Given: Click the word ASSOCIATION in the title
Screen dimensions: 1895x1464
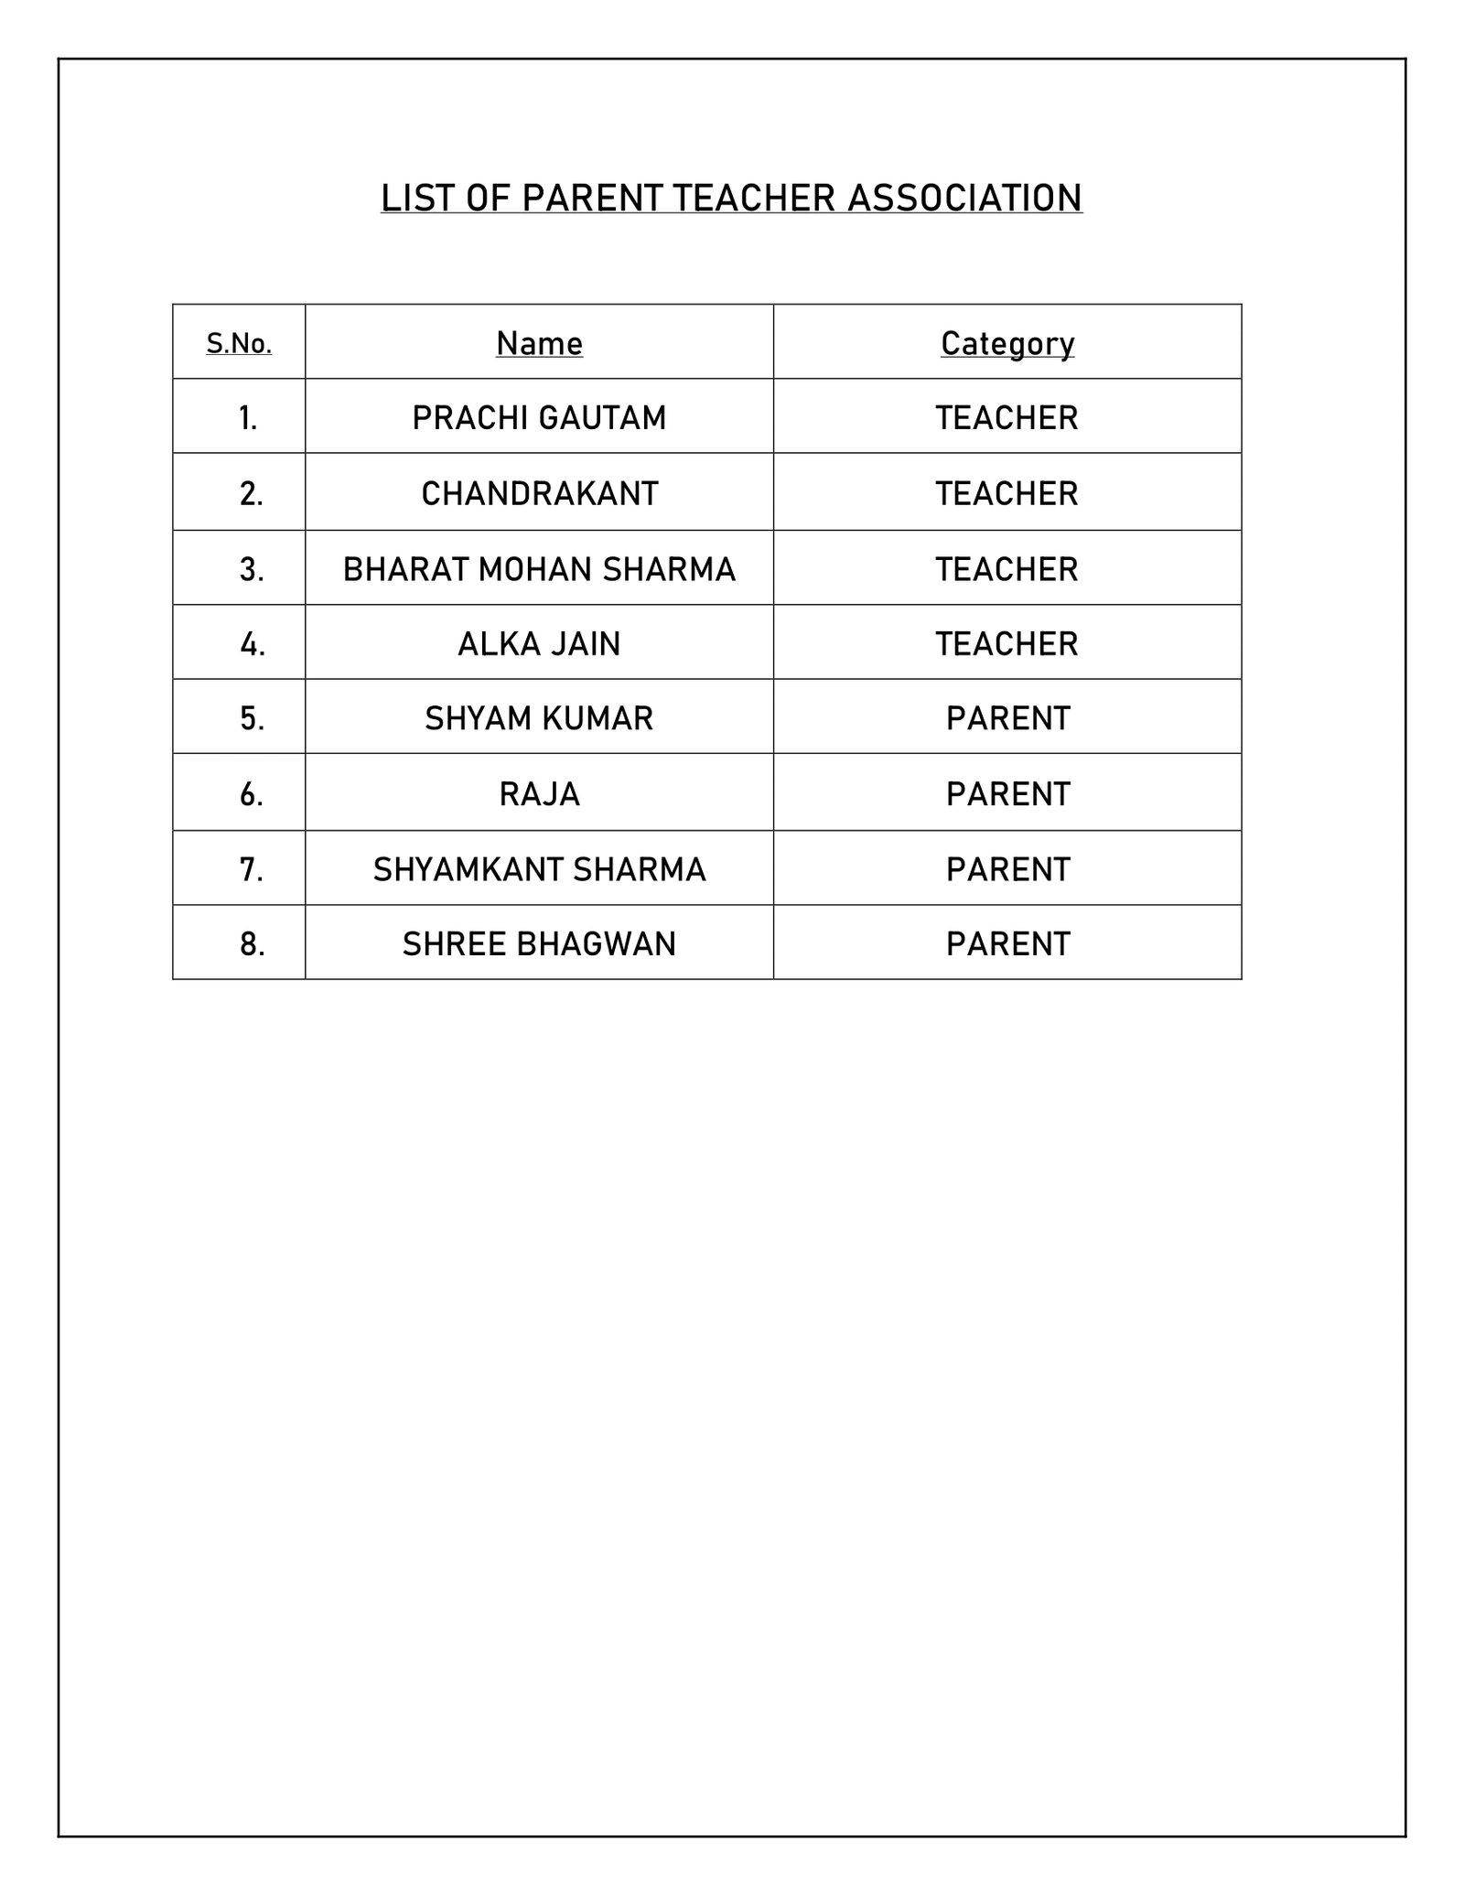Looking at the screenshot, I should click(x=964, y=199).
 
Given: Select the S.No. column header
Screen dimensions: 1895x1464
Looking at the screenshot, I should click(x=239, y=343).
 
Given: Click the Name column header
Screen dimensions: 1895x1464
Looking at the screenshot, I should click(x=539, y=343).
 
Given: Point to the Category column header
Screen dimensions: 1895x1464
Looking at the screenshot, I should click(x=1007, y=343).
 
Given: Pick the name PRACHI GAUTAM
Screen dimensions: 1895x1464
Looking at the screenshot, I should click(x=539, y=418).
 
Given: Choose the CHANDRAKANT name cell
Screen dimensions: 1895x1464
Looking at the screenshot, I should click(x=539, y=494).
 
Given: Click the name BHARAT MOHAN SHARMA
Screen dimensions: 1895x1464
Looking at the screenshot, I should click(x=539, y=569).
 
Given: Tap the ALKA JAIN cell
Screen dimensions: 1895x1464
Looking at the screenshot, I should click(x=539, y=644).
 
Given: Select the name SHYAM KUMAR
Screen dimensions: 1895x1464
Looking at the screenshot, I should click(x=539, y=718).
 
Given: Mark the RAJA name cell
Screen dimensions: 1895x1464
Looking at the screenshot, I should click(x=539, y=793).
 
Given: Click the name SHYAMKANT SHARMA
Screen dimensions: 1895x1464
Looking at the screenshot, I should click(x=539, y=869).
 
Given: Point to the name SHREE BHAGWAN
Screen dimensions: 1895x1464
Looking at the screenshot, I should click(x=539, y=943).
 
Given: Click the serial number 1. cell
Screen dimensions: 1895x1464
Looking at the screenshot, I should click(x=248, y=418).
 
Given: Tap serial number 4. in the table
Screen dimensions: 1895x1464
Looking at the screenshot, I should click(x=252, y=644).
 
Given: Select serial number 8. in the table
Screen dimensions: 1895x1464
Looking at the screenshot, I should click(x=252, y=943).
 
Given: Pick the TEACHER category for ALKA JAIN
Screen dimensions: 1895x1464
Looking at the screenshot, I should click(x=1006, y=644).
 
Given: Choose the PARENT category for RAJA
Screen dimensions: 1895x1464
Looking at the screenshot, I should click(x=1007, y=793).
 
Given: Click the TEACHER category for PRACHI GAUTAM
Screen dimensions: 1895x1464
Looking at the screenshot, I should click(x=1006, y=418).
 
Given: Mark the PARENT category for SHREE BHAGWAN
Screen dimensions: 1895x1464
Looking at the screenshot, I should click(x=1007, y=943).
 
